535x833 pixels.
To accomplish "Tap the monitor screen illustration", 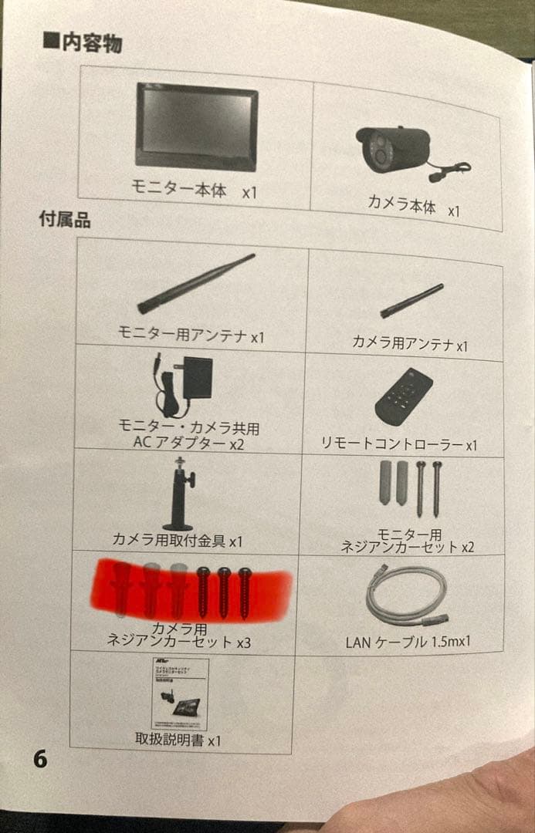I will click(x=197, y=126).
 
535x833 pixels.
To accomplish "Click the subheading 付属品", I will click(x=65, y=220).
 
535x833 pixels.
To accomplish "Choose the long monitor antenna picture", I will click(x=196, y=284).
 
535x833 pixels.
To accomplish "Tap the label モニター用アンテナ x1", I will click(x=191, y=336).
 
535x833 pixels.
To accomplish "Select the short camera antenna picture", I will click(x=411, y=302).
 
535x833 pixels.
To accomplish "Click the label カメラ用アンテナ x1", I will click(x=410, y=343).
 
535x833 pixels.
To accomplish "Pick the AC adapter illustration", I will click(x=182, y=383).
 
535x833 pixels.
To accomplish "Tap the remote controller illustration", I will click(x=403, y=395).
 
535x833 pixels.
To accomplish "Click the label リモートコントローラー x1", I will click(x=399, y=444).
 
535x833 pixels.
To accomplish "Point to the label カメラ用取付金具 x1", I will click(x=177, y=541).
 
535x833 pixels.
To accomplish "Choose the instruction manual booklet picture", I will click(x=180, y=694).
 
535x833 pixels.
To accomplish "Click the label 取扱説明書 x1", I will click(x=178, y=740).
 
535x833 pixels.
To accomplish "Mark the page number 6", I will click(x=40, y=760).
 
